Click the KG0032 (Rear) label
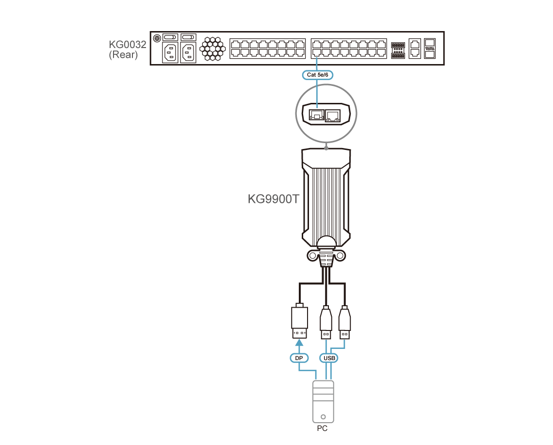point(127,49)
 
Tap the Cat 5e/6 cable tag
point(317,75)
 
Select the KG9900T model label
point(273,199)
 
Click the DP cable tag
point(299,358)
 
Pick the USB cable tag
point(329,358)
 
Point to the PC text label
point(322,429)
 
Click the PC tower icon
point(323,402)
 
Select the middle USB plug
point(326,323)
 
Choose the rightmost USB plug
point(344,323)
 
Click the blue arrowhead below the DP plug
point(299,343)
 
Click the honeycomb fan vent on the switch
point(212,49)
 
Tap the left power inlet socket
point(170,52)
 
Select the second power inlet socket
point(188,52)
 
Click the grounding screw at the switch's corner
point(157,38)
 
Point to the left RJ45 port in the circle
point(317,115)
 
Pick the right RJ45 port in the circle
point(333,115)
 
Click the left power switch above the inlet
point(170,37)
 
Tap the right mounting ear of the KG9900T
point(340,255)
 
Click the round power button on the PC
point(323,417)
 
